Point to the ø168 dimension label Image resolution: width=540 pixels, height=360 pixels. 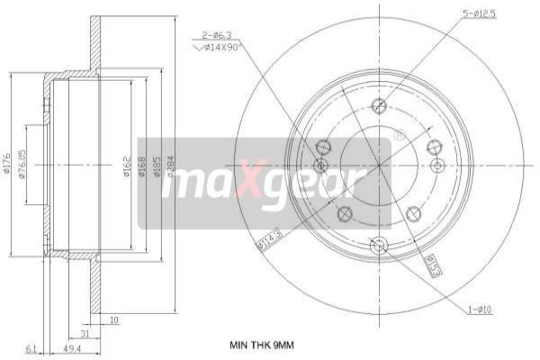(143, 166)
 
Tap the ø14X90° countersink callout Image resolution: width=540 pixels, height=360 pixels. (220, 49)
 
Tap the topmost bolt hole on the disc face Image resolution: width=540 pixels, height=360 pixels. (378, 104)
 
